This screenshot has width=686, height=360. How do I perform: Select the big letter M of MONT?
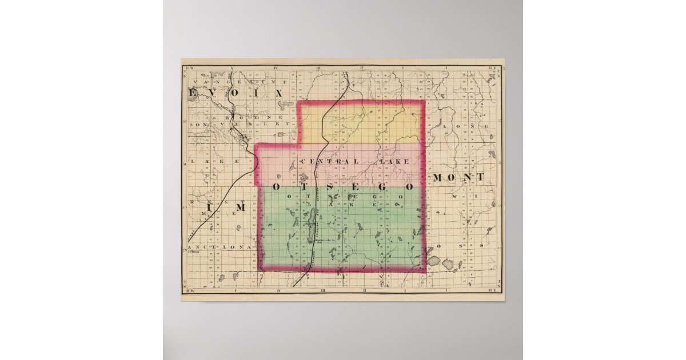point(438,178)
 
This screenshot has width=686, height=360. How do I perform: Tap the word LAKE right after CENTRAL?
point(394,162)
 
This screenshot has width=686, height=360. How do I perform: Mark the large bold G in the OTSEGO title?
point(385,187)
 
